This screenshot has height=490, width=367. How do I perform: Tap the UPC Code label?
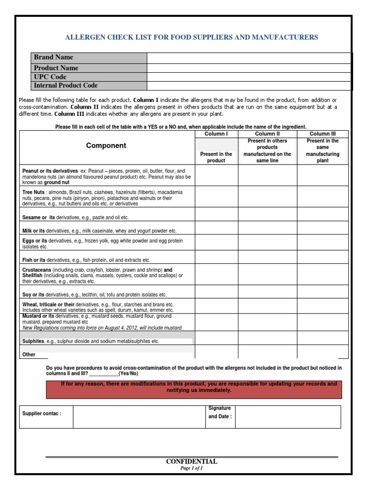[x=50, y=77]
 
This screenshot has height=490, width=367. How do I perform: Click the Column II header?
[x=268, y=134]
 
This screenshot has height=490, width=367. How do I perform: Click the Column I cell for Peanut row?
[x=216, y=176]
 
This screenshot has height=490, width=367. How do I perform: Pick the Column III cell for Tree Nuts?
[x=323, y=197]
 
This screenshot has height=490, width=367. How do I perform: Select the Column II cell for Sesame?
[x=268, y=214]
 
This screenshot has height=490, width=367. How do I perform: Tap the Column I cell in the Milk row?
[x=216, y=228]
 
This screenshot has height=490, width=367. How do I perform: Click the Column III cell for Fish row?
[x=323, y=257]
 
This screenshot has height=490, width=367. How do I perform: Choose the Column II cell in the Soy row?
[x=268, y=292]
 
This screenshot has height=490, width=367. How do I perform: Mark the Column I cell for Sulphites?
[x=216, y=338]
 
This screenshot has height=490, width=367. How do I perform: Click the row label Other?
[x=29, y=355]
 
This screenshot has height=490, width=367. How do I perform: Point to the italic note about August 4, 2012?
[x=102, y=328]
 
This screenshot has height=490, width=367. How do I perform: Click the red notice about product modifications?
[x=198, y=387]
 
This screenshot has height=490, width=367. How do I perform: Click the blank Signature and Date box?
[x=288, y=417]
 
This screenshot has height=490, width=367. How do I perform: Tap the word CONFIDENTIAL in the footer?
[x=191, y=462]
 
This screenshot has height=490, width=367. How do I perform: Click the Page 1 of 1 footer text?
[x=191, y=468]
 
